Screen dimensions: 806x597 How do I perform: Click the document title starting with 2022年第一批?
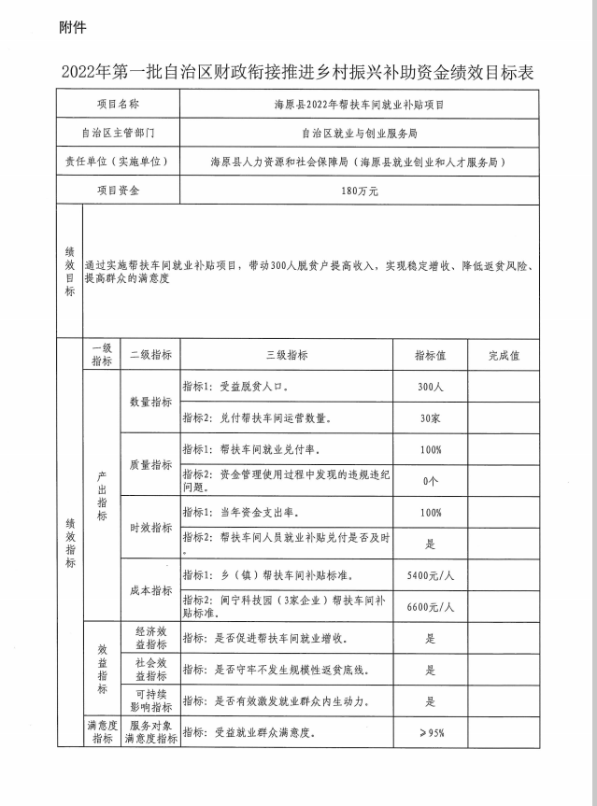coord(298,72)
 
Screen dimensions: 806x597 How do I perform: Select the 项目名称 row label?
coord(118,104)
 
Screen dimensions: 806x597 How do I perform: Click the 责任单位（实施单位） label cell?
coord(118,162)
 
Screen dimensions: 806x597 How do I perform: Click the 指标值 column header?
coord(431,356)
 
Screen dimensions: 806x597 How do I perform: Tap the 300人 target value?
coord(431,386)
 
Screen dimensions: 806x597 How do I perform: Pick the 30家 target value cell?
coord(431,417)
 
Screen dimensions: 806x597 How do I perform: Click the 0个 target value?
coord(431,481)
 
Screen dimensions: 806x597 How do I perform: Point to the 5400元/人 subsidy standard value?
coord(431,574)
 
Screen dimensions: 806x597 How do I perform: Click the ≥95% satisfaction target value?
coord(431,731)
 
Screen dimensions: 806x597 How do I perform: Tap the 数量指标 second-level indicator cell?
coord(149,402)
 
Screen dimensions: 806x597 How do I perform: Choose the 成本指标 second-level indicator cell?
coord(149,590)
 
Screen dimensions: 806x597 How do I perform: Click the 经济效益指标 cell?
coord(149,639)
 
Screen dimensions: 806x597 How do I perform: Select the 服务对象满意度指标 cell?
coord(149,731)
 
